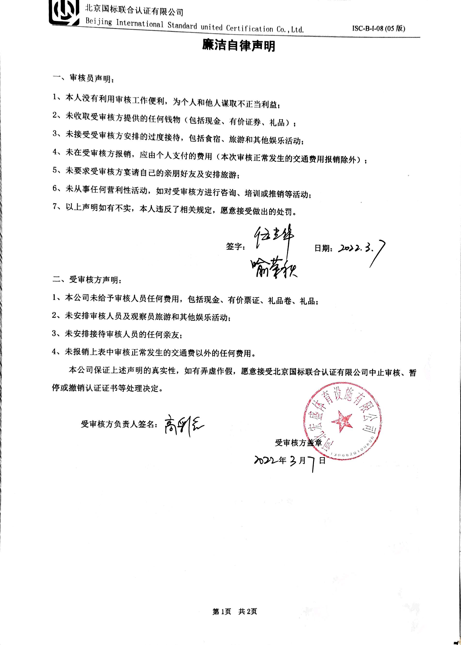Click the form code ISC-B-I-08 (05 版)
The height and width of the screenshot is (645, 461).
point(378,28)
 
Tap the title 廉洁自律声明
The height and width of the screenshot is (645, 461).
point(238,45)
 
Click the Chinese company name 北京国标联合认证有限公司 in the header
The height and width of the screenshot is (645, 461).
point(134,10)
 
